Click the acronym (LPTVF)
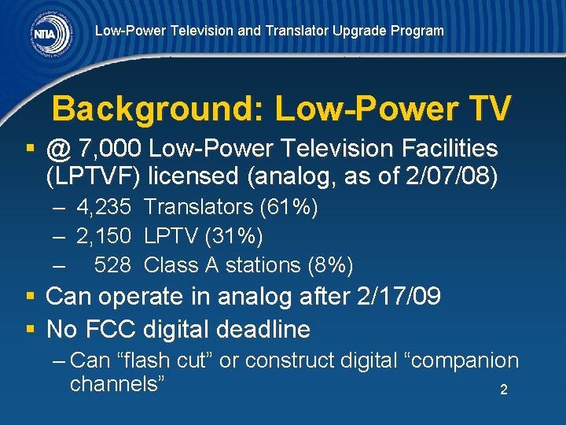[93, 175]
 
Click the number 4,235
[108, 208]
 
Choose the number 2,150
[108, 236]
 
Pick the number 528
[112, 264]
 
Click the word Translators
[194, 208]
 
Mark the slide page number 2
[503, 390]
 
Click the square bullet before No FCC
[30, 328]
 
